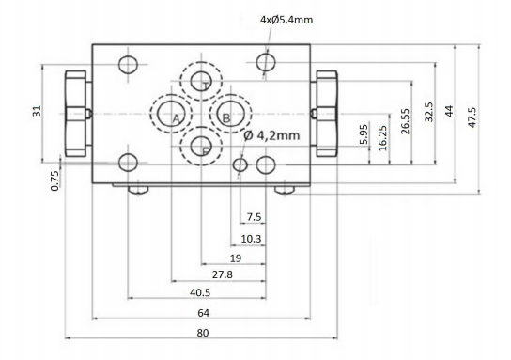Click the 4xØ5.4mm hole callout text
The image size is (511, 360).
click(286, 20)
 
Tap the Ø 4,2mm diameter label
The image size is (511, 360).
click(271, 135)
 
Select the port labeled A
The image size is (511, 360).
click(171, 114)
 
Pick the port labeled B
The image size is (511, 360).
click(230, 114)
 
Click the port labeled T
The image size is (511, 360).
click(201, 81)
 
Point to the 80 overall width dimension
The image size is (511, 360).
click(202, 333)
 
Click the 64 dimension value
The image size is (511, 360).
click(203, 313)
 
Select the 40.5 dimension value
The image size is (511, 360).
click(200, 292)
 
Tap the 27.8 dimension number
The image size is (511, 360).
click(223, 274)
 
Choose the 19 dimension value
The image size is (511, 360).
click(236, 258)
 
